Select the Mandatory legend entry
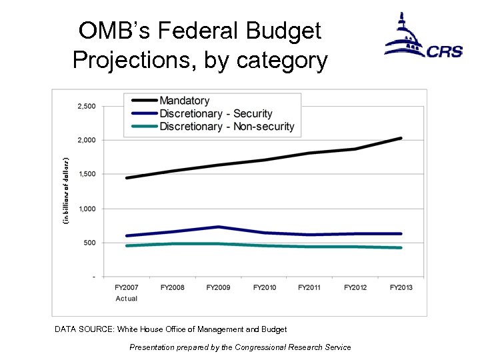[x=184, y=101]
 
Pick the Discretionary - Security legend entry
[x=215, y=114]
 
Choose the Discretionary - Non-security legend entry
[x=226, y=127]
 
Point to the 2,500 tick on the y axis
[x=85, y=106]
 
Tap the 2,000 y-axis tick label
[x=85, y=140]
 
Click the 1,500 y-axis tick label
[x=85, y=174]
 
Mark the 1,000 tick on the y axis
[x=85, y=209]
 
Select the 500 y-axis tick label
[x=88, y=243]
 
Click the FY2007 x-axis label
[x=127, y=287]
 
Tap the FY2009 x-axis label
[x=218, y=287]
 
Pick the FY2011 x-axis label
[x=310, y=287]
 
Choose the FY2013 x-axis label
[x=401, y=287]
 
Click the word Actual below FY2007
[x=127, y=298]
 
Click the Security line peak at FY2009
[x=218, y=227]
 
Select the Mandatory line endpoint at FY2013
[x=401, y=138]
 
